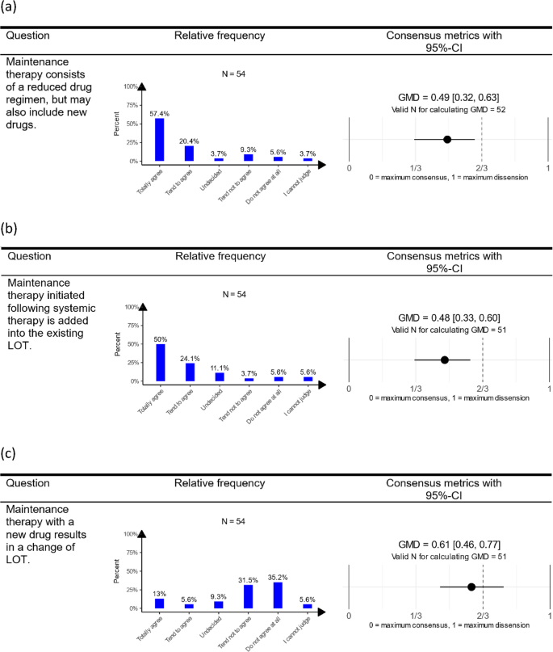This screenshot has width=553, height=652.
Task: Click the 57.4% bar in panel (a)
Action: click(160, 140)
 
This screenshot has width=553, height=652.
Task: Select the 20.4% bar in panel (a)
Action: click(190, 154)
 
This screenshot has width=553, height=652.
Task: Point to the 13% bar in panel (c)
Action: click(160, 604)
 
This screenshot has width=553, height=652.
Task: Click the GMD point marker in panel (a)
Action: click(447, 139)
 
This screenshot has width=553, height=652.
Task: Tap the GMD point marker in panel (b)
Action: click(445, 360)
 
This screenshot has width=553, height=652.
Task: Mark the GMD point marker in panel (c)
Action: click(471, 587)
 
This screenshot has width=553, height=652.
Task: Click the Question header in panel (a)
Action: click(28, 36)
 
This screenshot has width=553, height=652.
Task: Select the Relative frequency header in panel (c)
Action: click(220, 483)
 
